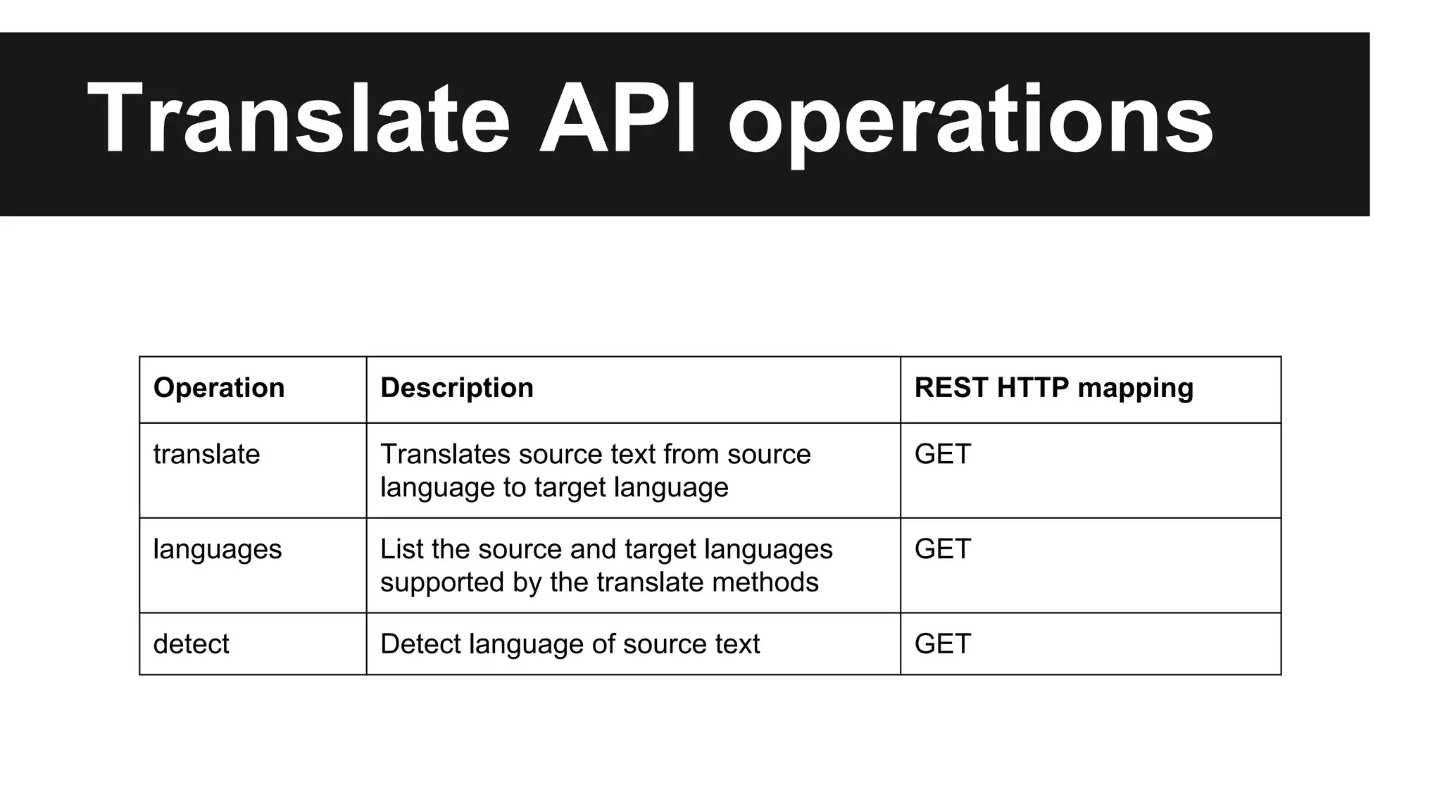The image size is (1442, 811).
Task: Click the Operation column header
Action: tap(219, 388)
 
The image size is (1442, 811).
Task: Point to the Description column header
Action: tap(457, 388)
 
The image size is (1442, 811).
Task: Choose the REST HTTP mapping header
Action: tap(1053, 388)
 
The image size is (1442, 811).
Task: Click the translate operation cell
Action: tap(206, 454)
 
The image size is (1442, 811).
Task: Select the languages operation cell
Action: tap(217, 550)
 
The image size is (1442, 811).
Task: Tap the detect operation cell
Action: tap(191, 644)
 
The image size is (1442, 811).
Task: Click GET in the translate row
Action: tap(942, 454)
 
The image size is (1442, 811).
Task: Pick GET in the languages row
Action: tap(942, 549)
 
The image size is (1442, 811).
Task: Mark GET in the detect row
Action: tap(942, 644)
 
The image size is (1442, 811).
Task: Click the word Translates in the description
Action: tap(445, 454)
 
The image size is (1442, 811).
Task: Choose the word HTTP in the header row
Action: tap(1032, 388)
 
